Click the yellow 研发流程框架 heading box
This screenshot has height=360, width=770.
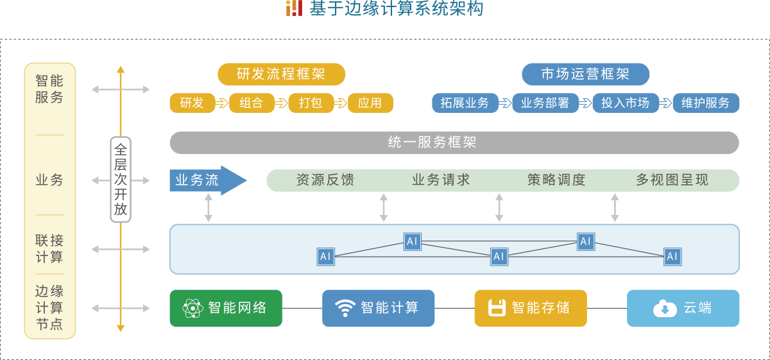281,74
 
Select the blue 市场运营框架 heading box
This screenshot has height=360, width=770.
585,74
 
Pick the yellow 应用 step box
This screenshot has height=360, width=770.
370,103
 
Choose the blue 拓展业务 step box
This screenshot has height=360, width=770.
465,103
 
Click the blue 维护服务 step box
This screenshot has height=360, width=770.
706,103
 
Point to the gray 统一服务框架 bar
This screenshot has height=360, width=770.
454,142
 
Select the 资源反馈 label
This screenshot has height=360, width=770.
325,180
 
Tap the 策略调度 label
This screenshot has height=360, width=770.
556,180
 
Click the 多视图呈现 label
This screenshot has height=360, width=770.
672,180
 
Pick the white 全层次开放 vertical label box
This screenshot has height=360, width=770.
121,180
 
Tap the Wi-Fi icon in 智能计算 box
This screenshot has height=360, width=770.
345,309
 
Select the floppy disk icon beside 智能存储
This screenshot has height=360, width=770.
496,309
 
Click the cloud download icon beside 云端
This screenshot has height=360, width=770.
665,309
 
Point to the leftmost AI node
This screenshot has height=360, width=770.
326,257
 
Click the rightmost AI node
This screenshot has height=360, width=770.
672,257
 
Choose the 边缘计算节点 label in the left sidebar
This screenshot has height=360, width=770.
49,307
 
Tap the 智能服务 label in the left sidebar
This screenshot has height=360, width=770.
49,89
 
